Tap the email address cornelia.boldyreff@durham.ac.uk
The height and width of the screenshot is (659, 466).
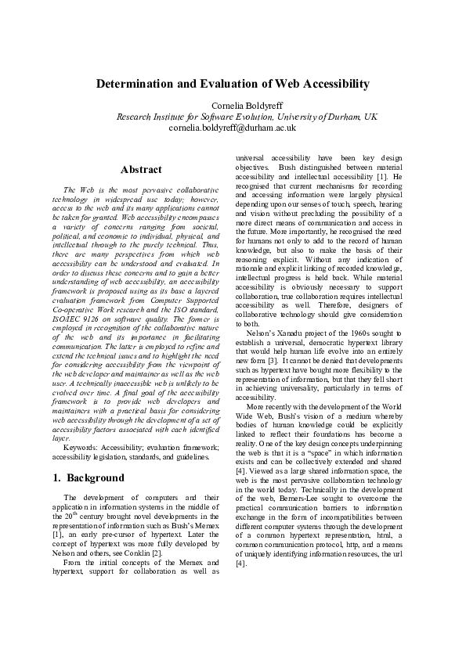(x=233, y=127)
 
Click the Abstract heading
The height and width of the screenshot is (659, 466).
(x=141, y=170)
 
